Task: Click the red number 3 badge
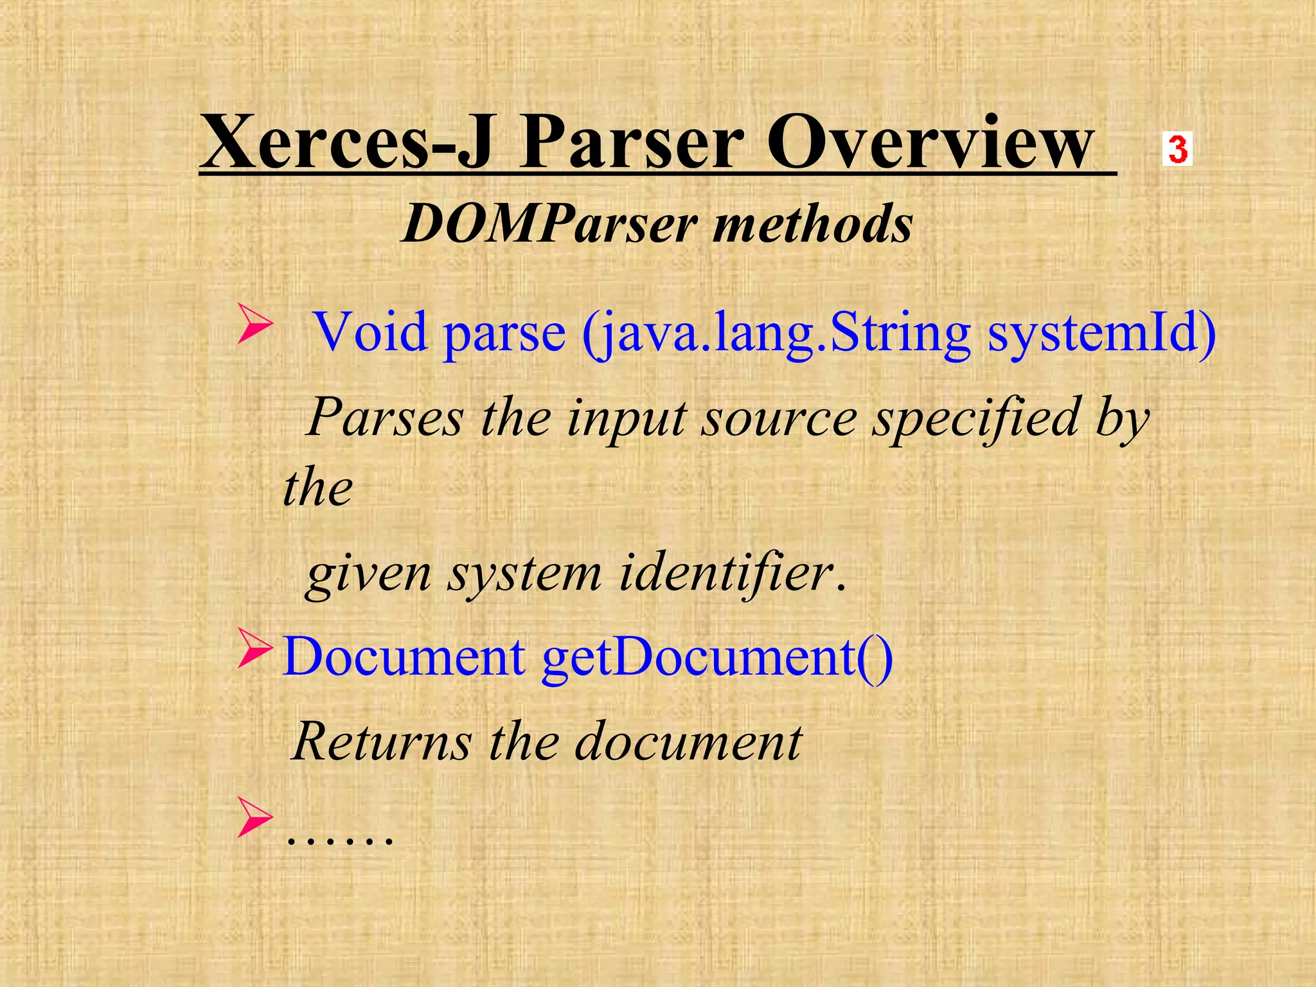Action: (x=1177, y=149)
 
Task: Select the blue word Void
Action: (x=370, y=332)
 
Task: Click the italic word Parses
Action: (x=384, y=418)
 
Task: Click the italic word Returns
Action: (x=382, y=742)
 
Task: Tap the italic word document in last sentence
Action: (x=688, y=742)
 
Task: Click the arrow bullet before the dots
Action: (x=255, y=817)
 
